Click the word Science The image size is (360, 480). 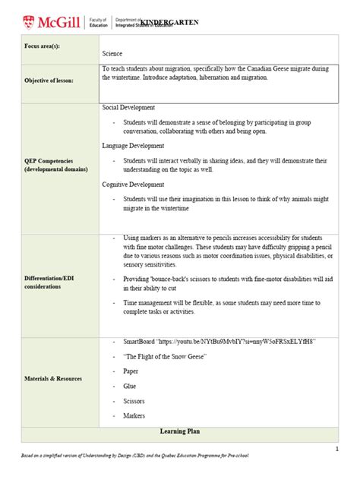coord(112,54)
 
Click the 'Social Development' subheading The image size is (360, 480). coord(128,108)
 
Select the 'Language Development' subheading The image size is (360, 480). coord(134,144)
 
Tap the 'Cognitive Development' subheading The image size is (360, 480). coord(134,184)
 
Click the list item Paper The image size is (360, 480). coord(131,371)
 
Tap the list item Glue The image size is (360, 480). coord(130,386)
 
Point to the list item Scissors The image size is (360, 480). coord(134,400)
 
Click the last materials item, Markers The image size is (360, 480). coord(134,415)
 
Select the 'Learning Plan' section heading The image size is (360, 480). coord(179,431)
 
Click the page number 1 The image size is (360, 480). coord(336,449)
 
